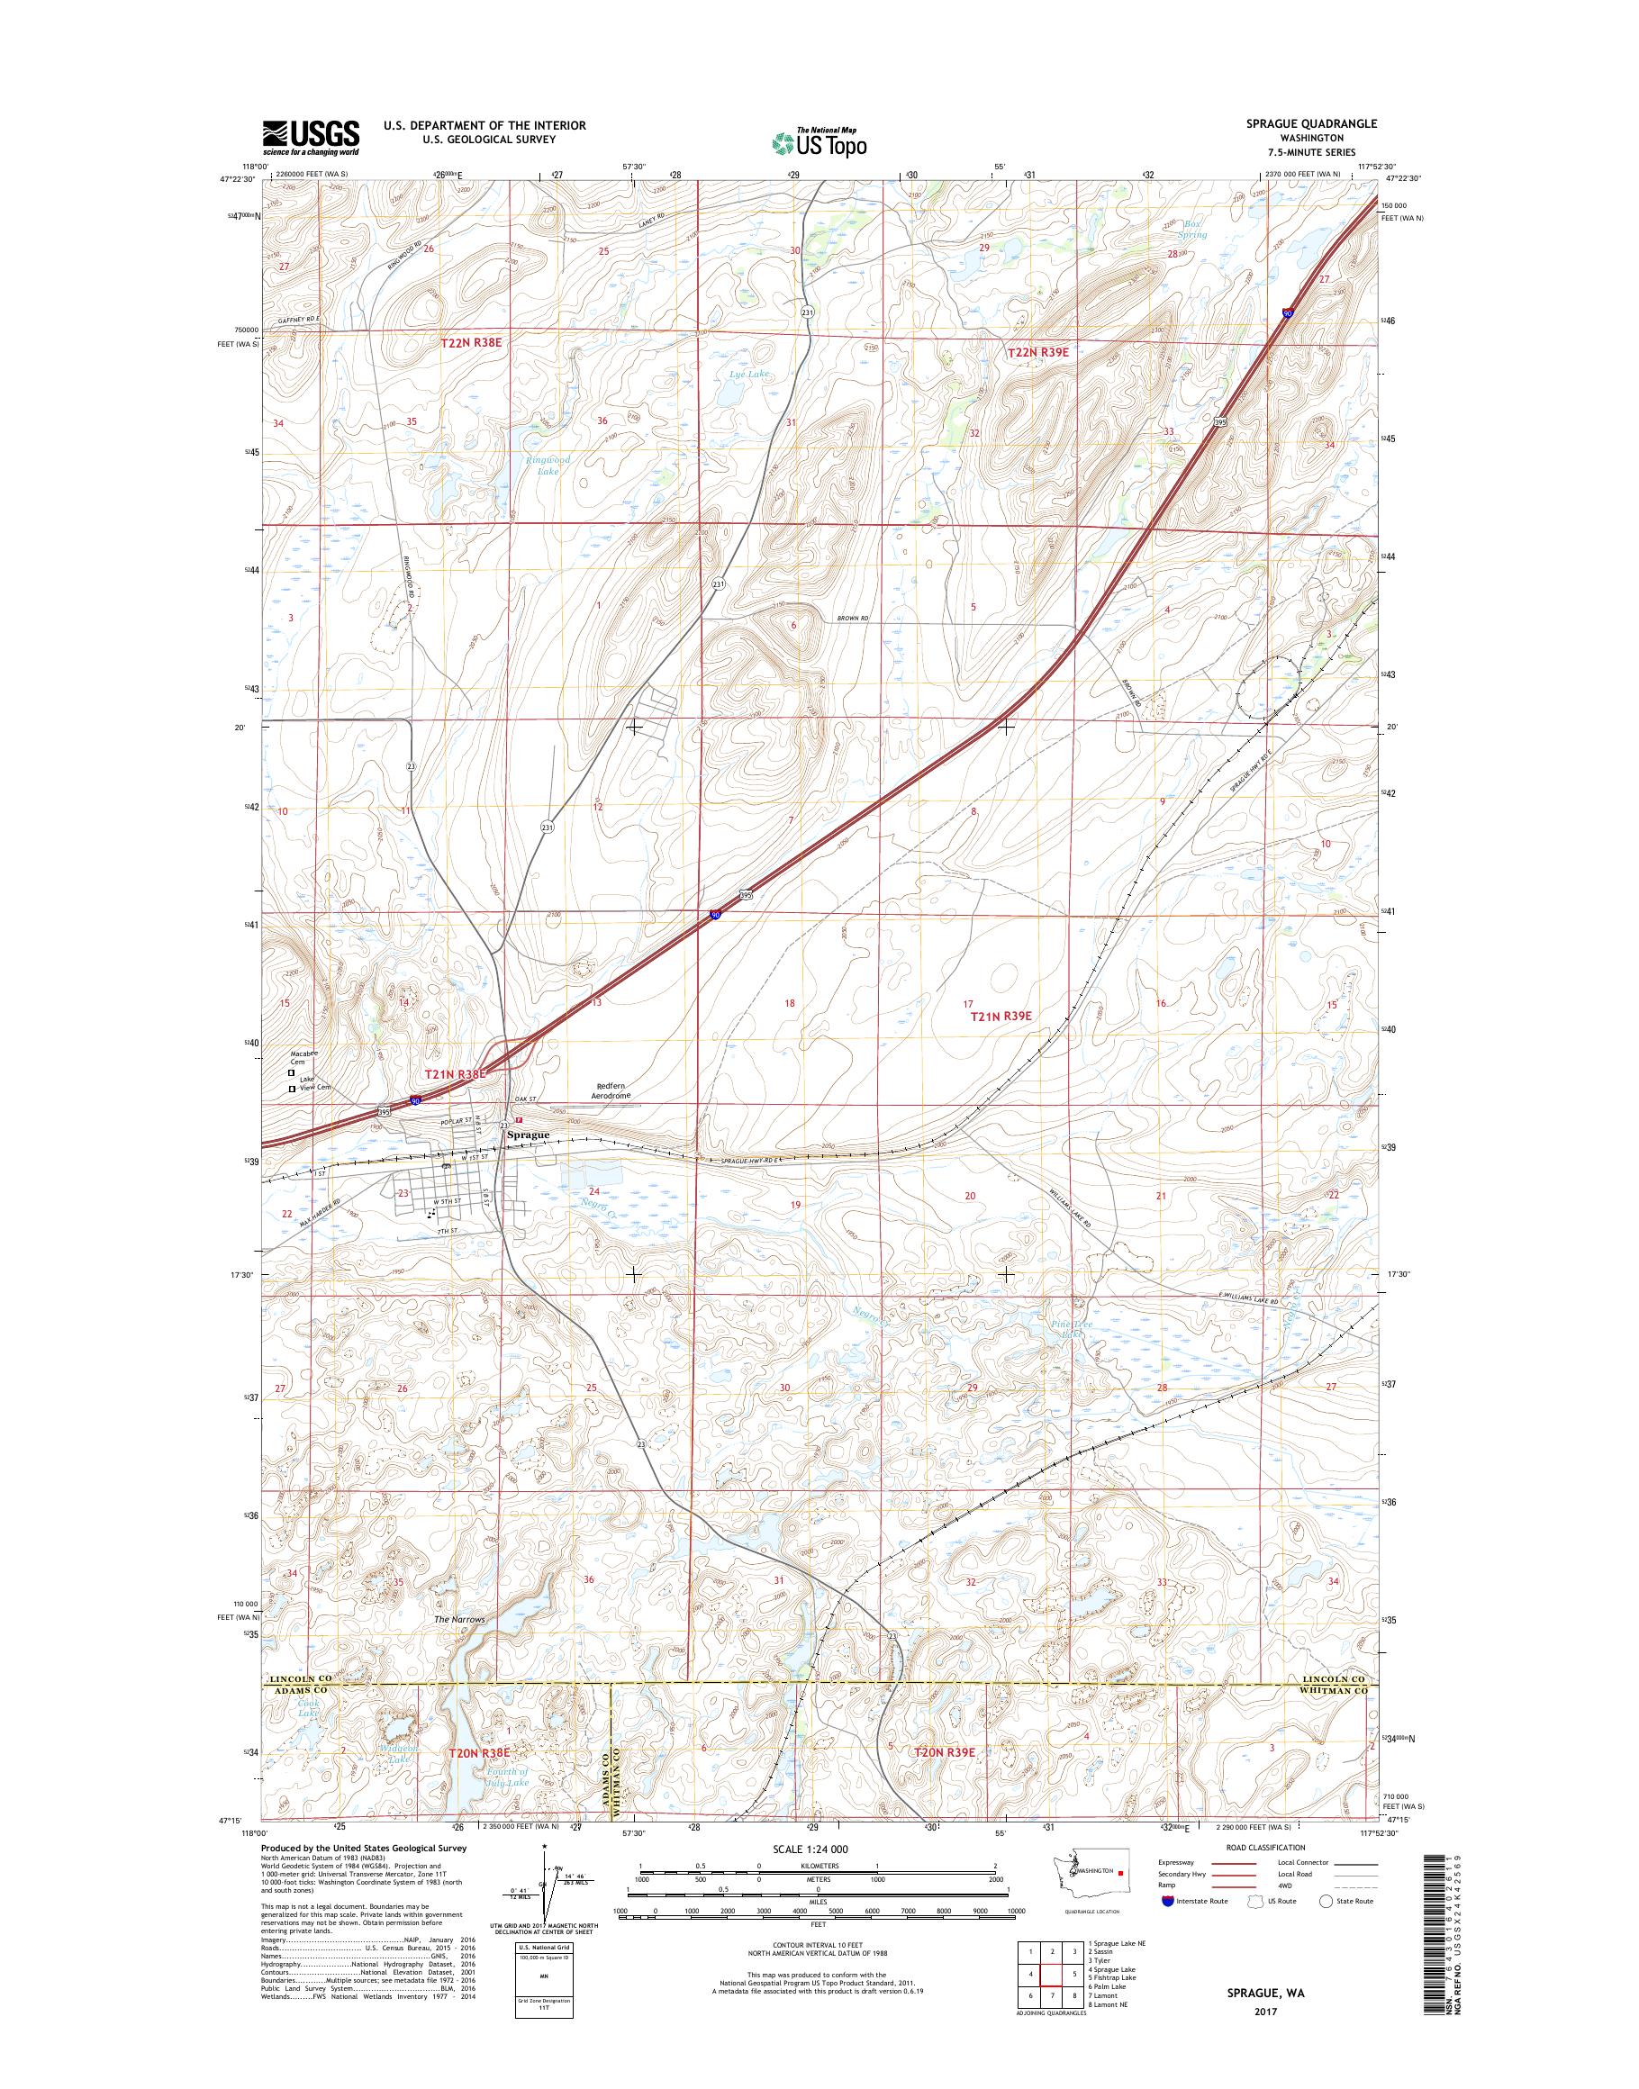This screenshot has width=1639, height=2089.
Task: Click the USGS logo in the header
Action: coord(311,137)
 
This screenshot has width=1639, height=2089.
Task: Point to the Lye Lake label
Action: coord(748,374)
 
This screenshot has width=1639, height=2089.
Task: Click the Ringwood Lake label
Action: coord(547,466)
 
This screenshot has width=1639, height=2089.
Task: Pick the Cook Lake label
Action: coord(308,1707)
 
